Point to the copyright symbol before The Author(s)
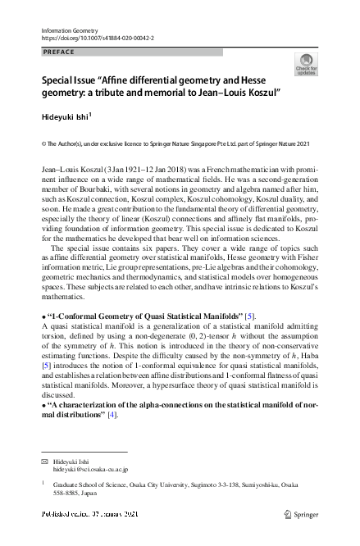pyautogui.click(x=43, y=143)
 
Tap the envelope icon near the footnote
pyautogui.click(x=44, y=462)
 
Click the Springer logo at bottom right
pyautogui.click(x=300, y=514)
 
